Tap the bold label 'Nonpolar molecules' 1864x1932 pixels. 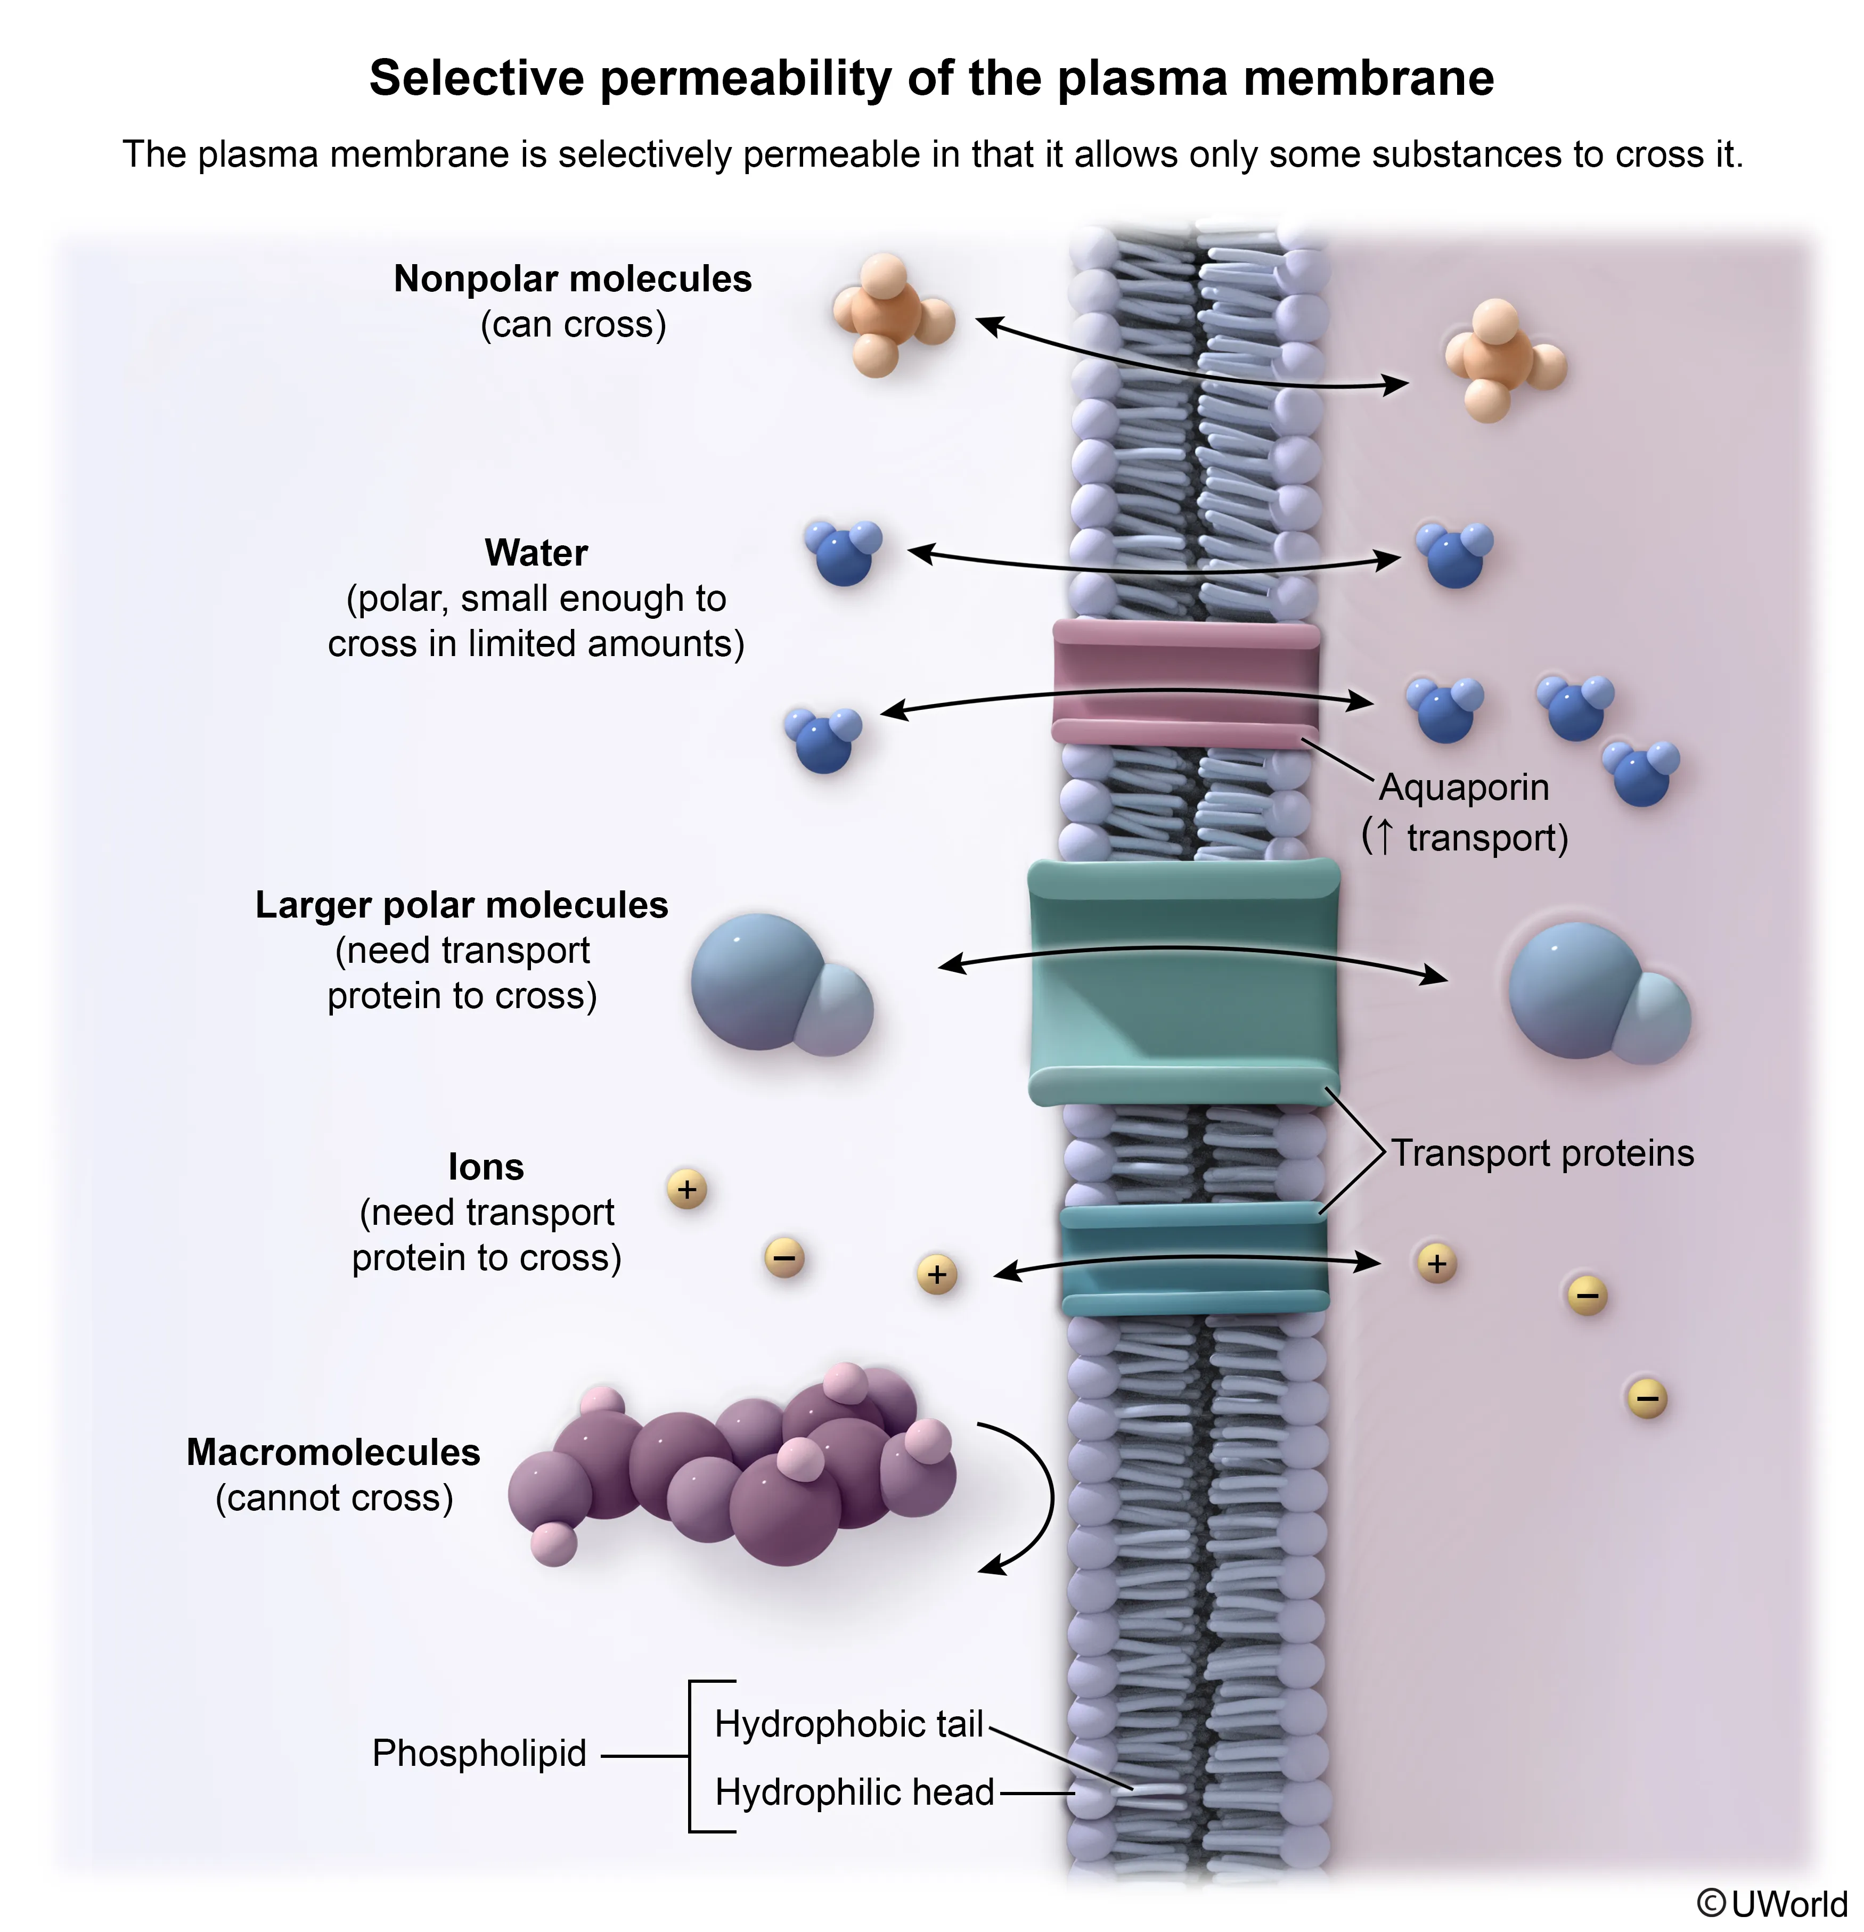(x=572, y=279)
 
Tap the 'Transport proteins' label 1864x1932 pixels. (x=1542, y=1153)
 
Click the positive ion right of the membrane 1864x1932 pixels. (x=1436, y=1263)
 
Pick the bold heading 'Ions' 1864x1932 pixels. (x=485, y=1167)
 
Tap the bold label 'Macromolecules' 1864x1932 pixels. (x=333, y=1452)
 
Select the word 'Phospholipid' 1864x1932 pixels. (x=479, y=1753)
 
